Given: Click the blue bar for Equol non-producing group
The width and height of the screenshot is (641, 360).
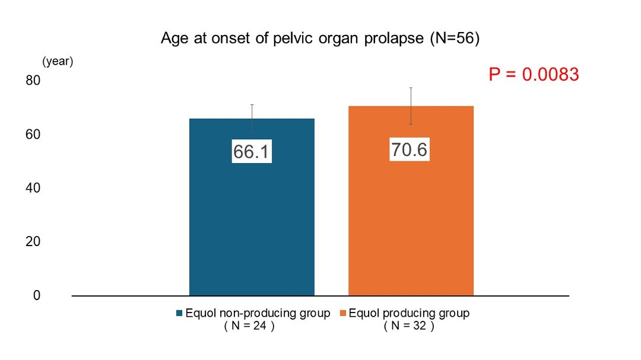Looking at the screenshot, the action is [x=252, y=207].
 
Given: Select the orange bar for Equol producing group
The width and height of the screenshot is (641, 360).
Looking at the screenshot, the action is [x=411, y=200].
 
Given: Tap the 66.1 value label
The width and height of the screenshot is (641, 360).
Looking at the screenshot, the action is [x=252, y=152].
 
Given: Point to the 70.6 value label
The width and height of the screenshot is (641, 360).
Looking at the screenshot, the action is [x=409, y=149].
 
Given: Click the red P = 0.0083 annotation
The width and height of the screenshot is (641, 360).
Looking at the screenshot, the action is [x=534, y=74].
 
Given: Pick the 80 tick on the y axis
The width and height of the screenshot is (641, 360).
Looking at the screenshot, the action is [x=33, y=80].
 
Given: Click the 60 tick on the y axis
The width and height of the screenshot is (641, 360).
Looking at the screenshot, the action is [x=33, y=134].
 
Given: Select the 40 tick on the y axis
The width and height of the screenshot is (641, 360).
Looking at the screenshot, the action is [x=33, y=188].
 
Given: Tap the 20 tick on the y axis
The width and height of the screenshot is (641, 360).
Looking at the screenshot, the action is [x=33, y=241].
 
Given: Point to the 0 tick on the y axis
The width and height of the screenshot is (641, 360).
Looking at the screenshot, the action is [x=37, y=295].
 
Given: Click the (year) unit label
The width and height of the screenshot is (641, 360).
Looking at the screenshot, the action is [x=58, y=61].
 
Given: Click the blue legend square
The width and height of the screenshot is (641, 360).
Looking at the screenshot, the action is [x=179, y=313].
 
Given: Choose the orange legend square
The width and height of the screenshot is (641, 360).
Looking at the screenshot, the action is [x=343, y=313].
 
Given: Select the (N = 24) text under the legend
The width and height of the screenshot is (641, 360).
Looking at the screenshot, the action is [x=249, y=326].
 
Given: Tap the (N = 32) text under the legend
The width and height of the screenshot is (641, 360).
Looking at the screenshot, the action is [x=409, y=326].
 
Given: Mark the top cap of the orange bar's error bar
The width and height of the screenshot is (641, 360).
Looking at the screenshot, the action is [x=411, y=88].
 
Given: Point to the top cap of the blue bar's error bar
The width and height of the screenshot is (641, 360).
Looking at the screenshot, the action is [x=252, y=105].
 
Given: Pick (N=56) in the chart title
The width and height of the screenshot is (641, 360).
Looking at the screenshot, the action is [x=455, y=38].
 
